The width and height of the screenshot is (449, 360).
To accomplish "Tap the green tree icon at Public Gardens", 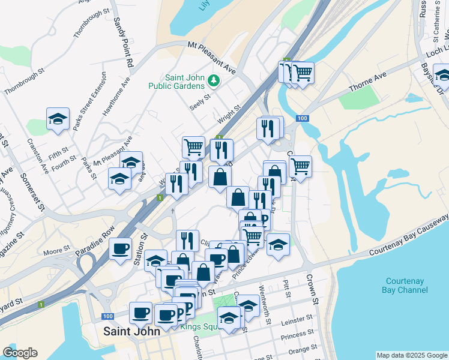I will coord(212,80).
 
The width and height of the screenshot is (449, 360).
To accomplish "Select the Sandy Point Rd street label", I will coord(123,42).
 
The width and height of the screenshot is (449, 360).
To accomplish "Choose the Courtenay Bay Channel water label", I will coord(407,285).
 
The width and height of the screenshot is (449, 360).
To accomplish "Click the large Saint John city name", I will coord(131,331).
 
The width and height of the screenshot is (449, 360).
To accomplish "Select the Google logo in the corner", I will coord(20,353).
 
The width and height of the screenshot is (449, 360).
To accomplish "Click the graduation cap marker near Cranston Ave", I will coord(58,119).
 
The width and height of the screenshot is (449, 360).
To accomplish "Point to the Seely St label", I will coord(200,98).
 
